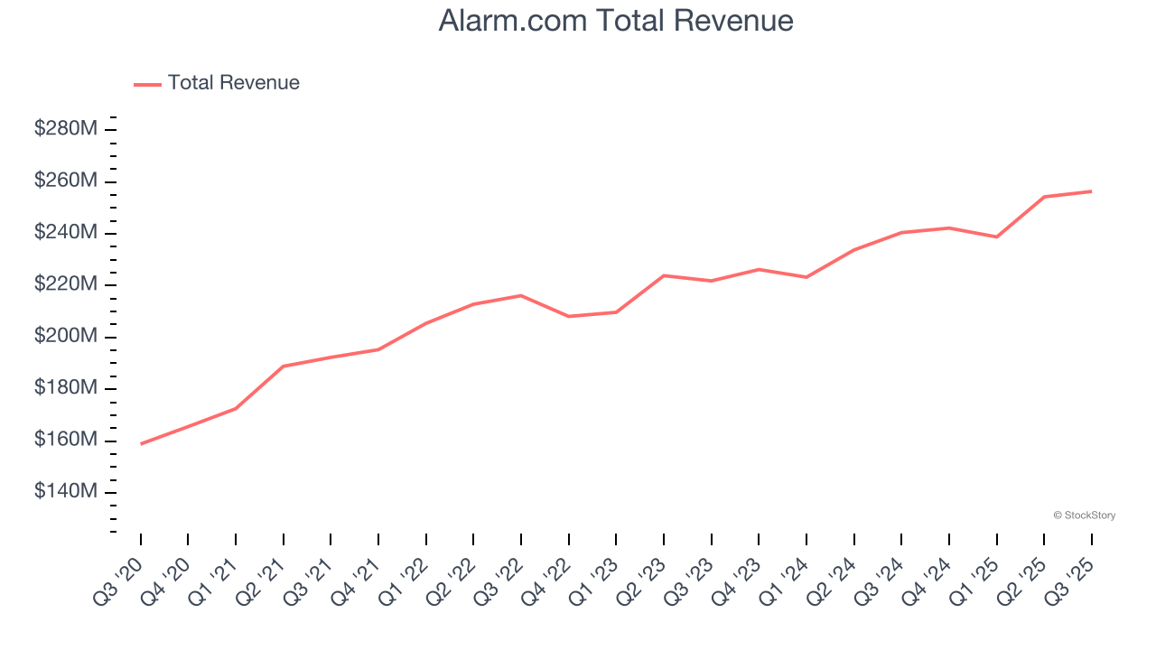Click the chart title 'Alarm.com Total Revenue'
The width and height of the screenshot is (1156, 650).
coord(616,21)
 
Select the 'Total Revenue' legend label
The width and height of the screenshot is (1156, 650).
coord(233,83)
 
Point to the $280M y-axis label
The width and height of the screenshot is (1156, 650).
coord(66,129)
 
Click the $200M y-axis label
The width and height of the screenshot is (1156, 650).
coord(66,337)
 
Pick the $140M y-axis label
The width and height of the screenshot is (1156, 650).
coord(66,492)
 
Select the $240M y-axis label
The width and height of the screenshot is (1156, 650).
coord(66,233)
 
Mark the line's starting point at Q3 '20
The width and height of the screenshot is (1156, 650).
coord(141,444)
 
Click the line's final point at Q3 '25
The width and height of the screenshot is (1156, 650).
coord(1091,191)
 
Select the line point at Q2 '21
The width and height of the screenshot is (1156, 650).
coord(284,367)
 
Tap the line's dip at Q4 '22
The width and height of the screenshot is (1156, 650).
coord(569,316)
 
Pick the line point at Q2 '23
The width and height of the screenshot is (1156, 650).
coord(664,275)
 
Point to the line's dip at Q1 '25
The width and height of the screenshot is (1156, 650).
coord(996,237)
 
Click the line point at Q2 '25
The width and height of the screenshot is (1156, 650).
coord(1044,197)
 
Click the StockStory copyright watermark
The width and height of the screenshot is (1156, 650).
coord(1084,515)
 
